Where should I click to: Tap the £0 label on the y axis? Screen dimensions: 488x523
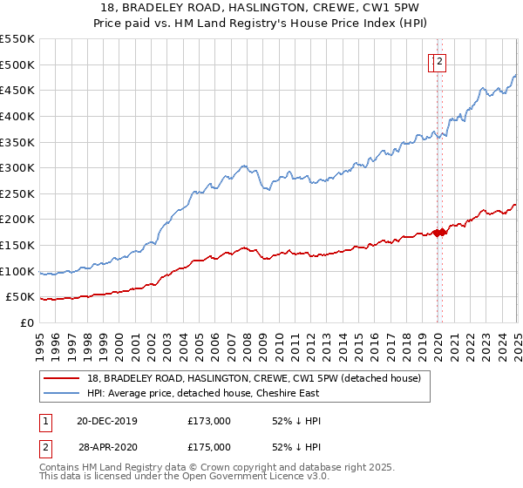point(26,322)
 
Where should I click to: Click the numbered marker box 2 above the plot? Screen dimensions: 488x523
point(440,62)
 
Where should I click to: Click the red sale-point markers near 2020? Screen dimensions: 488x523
point(439,232)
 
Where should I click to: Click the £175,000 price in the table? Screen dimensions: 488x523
point(209,447)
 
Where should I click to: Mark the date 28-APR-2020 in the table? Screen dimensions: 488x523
point(108,447)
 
